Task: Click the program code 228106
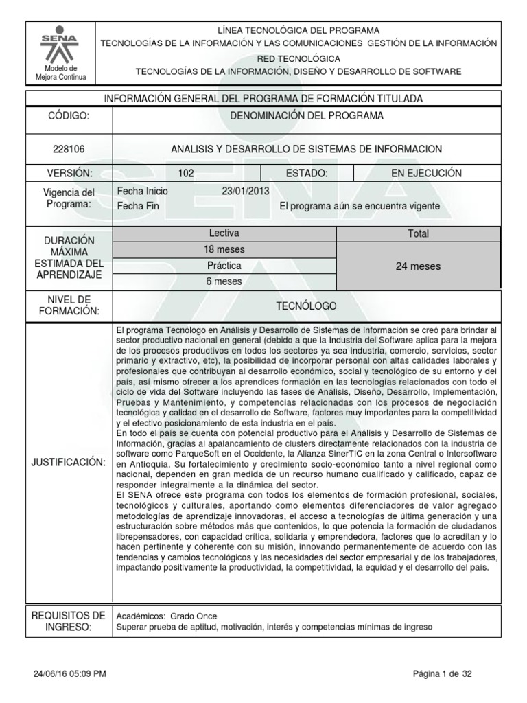point(69,149)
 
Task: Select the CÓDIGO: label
point(69,116)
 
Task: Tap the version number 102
point(185,173)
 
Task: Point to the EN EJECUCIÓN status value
point(426,173)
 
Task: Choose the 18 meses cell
point(224,249)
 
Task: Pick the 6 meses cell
point(224,281)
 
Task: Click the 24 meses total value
point(418,266)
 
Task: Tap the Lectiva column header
point(224,233)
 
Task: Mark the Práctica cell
point(224,265)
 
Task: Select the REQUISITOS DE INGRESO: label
point(69,621)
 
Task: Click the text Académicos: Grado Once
point(167,616)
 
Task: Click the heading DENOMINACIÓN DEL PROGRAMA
point(306,116)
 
